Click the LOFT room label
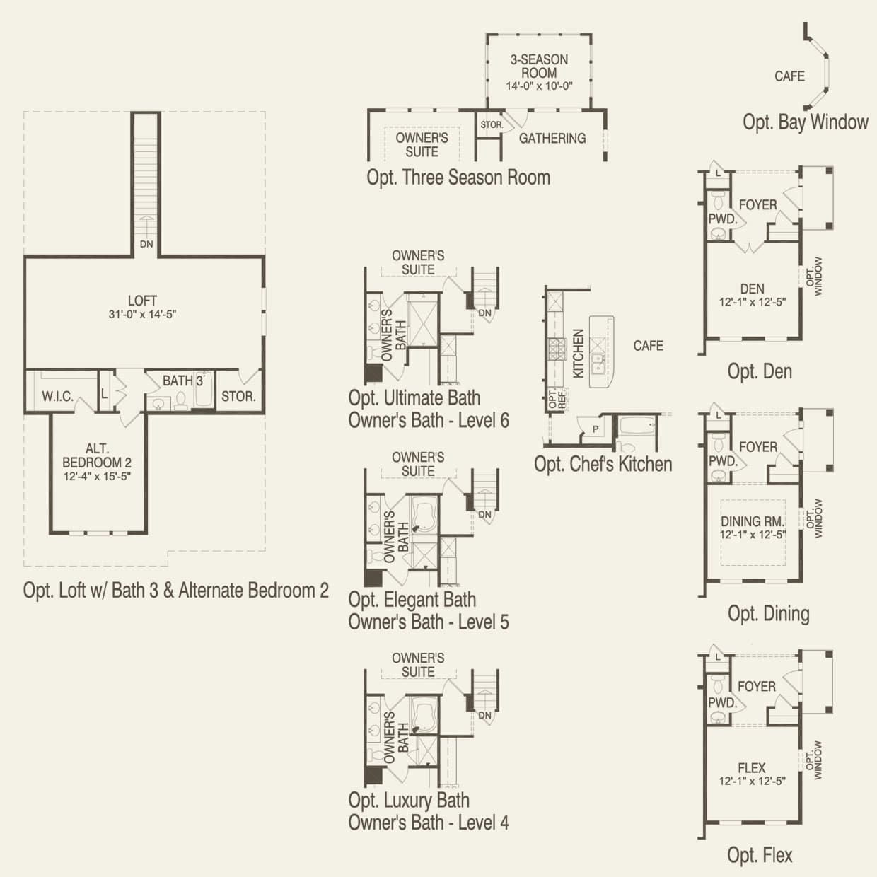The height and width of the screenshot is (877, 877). click(x=142, y=301)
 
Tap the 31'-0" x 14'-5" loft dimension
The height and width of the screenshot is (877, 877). click(x=142, y=314)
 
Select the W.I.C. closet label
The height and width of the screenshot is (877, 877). click(x=57, y=396)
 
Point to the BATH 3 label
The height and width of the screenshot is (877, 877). click(x=182, y=381)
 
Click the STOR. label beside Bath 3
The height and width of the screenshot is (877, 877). click(x=238, y=396)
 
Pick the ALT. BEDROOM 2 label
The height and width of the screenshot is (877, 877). click(x=97, y=455)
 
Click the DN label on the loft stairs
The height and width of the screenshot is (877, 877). click(x=146, y=245)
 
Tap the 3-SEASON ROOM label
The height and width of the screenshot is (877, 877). click(x=539, y=66)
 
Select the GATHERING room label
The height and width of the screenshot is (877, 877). click(x=552, y=139)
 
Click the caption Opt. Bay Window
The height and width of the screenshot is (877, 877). click(x=805, y=122)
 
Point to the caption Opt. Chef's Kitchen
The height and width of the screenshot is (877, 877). click(x=603, y=464)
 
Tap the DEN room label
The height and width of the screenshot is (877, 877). click(x=752, y=289)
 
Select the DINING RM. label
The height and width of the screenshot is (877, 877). click(x=753, y=521)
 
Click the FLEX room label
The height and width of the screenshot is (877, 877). click(x=752, y=767)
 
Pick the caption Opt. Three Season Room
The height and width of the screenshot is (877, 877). click(x=458, y=177)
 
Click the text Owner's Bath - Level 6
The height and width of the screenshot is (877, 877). click(x=429, y=420)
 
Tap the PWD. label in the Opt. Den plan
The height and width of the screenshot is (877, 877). click(x=723, y=219)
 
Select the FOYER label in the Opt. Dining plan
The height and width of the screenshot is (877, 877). click(x=757, y=447)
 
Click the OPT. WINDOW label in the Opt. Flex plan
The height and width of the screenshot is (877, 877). click(x=814, y=760)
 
